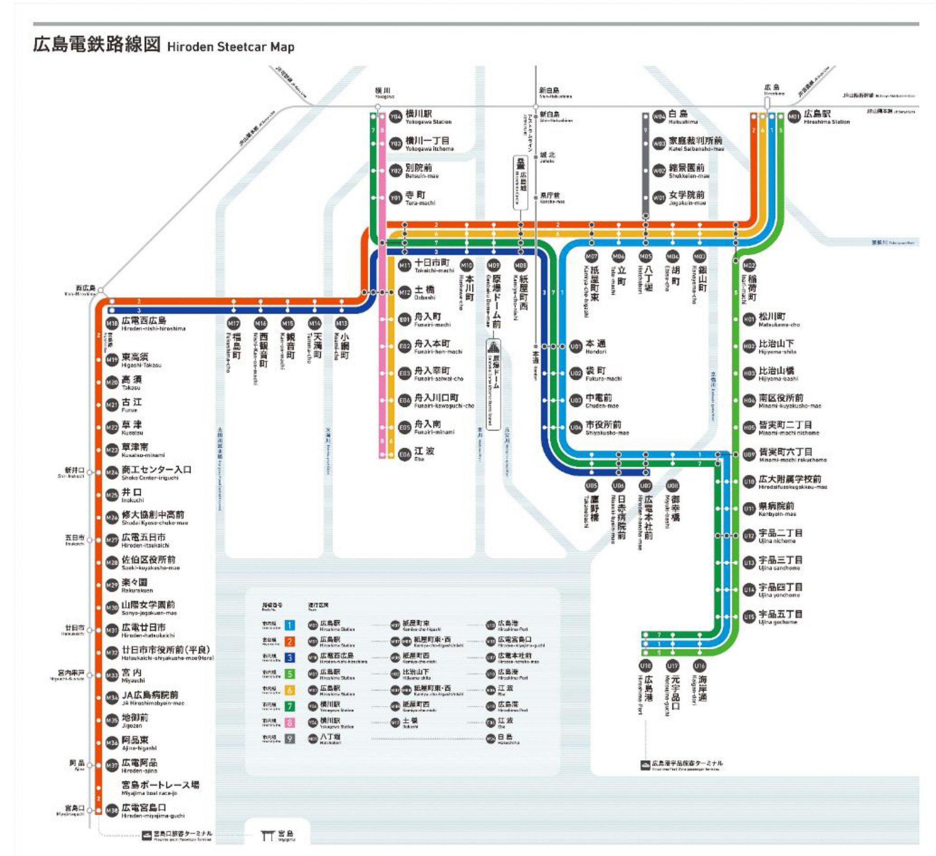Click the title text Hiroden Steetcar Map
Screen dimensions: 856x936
231,47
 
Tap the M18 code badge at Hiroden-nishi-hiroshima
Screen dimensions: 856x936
112,323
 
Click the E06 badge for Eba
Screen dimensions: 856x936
405,455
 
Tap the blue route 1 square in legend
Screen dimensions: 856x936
290,625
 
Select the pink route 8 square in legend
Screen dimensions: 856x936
290,723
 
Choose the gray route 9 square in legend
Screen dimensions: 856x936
290,739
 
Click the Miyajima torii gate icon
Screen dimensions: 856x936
267,836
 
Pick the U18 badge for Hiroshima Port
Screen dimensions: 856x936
645,666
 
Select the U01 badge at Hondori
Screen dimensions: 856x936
576,346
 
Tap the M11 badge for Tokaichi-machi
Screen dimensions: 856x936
405,265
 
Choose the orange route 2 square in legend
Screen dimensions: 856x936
290,641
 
